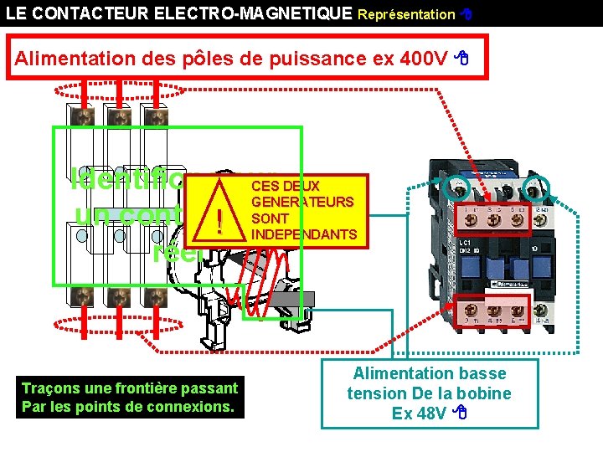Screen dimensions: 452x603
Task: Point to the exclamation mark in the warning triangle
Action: [x=219, y=219]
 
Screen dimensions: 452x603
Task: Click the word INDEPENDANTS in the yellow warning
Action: [x=304, y=234]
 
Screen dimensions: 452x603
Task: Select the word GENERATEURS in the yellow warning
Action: [x=302, y=202]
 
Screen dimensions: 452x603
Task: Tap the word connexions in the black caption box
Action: [x=196, y=408]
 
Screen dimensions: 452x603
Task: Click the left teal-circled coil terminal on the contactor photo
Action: [x=460, y=187]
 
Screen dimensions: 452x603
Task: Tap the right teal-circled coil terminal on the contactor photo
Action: [x=533, y=187]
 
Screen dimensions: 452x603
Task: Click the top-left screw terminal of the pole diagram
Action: [x=83, y=117]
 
